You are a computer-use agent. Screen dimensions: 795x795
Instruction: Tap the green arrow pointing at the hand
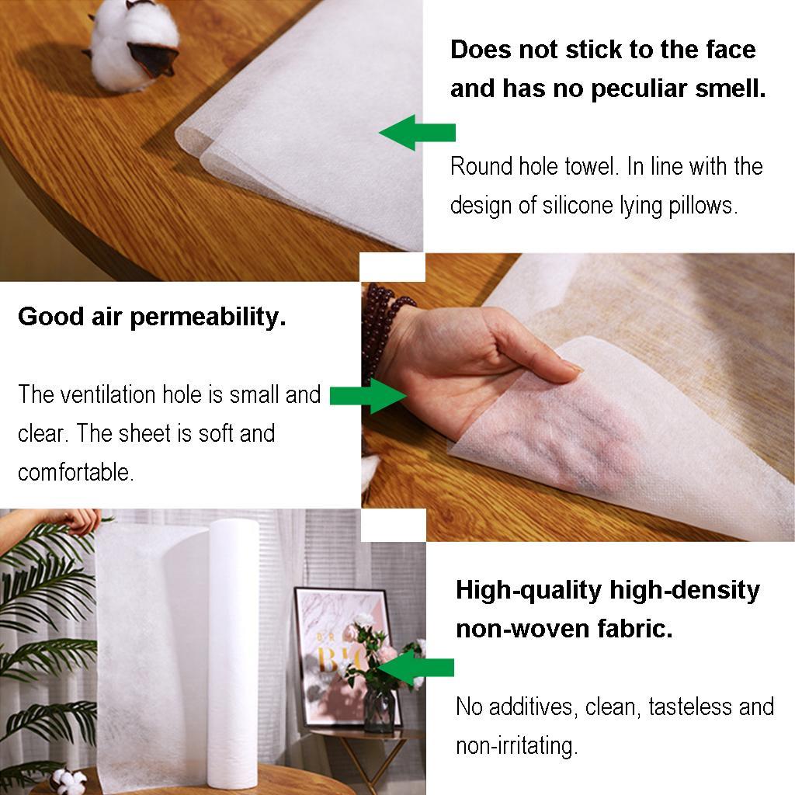pos(369,395)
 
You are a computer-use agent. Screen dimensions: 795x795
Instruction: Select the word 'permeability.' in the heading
pos(209,317)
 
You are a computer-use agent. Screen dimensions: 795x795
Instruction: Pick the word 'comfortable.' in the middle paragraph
pos(75,472)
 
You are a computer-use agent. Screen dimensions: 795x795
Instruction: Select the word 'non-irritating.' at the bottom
pos(516,746)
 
